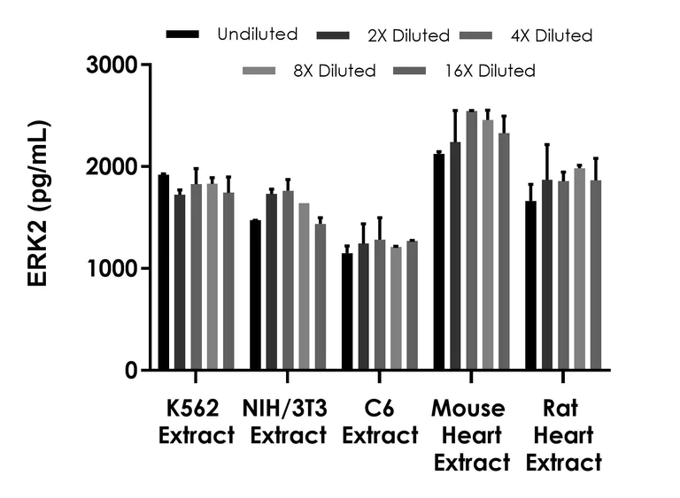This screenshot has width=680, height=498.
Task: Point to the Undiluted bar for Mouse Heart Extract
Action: (x=439, y=262)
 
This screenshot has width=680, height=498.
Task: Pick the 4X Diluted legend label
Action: (x=551, y=36)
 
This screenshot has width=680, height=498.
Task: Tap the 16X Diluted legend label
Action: (x=490, y=71)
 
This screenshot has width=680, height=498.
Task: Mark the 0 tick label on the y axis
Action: (x=130, y=371)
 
